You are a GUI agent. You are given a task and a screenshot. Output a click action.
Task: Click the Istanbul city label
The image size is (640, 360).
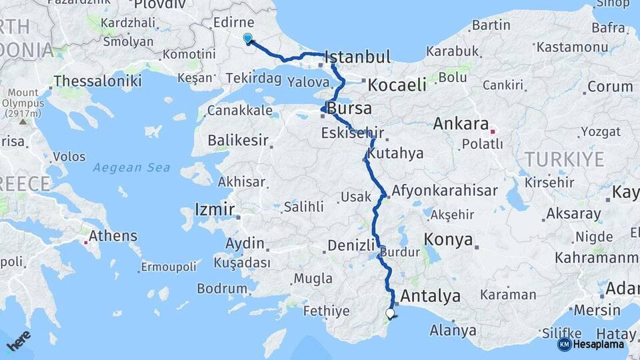(358, 57)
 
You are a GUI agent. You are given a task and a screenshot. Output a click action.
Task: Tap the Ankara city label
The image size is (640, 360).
(461, 124)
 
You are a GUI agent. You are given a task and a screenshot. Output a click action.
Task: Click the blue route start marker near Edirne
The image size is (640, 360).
(248, 39)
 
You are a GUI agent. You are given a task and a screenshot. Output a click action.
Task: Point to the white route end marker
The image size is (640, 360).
(390, 313)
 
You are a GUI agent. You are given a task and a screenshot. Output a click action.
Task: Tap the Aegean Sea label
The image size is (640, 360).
(131, 168)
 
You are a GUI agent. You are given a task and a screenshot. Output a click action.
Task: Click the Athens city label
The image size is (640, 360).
(113, 235)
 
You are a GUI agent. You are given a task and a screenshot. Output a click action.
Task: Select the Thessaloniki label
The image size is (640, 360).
(97, 81)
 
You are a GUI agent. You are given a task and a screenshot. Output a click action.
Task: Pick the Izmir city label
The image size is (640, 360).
(215, 210)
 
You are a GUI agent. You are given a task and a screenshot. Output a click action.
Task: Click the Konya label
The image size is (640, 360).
(448, 239)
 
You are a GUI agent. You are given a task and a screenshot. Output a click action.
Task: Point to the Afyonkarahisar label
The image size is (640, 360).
(445, 191)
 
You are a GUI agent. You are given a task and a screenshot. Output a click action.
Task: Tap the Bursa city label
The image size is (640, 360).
(349, 108)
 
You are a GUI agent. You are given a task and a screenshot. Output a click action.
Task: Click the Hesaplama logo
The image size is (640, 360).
(591, 344)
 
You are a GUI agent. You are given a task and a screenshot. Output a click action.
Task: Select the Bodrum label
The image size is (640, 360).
(222, 289)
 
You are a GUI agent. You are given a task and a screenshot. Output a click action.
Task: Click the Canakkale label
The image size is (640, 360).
(240, 110)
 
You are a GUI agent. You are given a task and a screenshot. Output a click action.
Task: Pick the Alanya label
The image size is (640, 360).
(453, 330)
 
